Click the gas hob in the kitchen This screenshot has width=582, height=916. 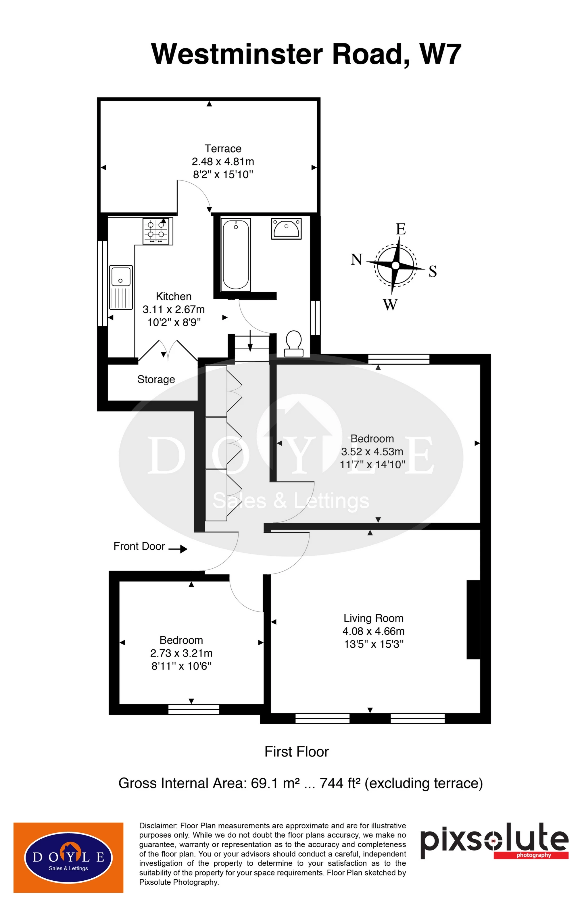[x=157, y=231]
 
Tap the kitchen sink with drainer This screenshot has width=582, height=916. [x=121, y=287]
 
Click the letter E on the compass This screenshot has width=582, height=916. [x=401, y=229]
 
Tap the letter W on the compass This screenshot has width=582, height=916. [x=390, y=304]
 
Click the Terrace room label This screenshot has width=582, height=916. [x=223, y=148]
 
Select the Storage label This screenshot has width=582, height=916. [x=156, y=379]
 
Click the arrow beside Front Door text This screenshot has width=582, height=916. [x=178, y=549]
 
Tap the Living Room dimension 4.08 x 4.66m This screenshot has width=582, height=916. [x=373, y=631]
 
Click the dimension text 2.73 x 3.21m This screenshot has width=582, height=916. [x=181, y=653]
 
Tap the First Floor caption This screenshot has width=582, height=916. [x=296, y=752]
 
